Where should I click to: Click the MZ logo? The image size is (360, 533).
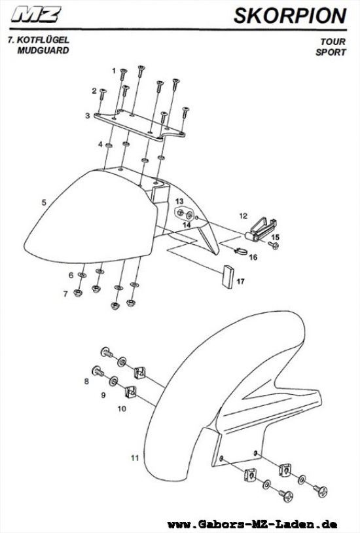36,14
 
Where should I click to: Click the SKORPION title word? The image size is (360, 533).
291,16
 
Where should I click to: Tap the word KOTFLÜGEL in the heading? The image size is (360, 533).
43,39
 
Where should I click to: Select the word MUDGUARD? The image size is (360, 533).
43,50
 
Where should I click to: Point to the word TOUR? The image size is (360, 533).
333,41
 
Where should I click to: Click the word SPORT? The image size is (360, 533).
331,52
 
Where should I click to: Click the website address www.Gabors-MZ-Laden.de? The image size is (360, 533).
252,524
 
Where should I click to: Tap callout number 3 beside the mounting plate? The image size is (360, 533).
87,116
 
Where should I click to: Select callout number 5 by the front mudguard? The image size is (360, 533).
44,202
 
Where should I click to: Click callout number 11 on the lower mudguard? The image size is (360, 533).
135,458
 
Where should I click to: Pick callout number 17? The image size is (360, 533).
241,282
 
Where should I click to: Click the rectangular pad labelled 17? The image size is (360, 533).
228,276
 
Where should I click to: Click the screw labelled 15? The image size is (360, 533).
274,245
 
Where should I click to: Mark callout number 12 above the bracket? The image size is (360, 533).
243,216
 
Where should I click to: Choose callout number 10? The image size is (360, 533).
122,409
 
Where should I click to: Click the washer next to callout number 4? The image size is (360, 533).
109,145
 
